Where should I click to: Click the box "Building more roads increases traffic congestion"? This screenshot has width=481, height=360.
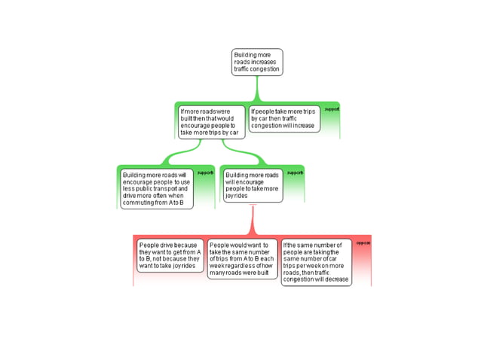(256, 62)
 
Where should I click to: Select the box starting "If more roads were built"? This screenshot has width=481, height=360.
(212, 121)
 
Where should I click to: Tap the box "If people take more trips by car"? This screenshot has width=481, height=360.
(285, 119)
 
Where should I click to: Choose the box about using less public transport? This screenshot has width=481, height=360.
(156, 188)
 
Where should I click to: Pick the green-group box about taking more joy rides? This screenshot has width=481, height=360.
(252, 185)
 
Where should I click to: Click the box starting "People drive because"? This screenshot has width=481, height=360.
(170, 255)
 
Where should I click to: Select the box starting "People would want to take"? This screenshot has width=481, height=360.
(242, 259)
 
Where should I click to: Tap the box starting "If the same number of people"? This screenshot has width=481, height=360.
(316, 262)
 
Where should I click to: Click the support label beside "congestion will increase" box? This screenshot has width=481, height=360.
(332, 109)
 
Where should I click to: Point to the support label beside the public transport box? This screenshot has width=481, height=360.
(205, 172)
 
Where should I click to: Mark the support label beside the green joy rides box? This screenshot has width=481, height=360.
(295, 172)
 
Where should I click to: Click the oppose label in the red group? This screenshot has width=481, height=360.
(363, 243)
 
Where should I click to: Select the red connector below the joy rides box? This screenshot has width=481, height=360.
(253, 220)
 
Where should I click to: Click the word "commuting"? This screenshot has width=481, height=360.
(137, 203)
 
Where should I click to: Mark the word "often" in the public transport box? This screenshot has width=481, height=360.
(159, 196)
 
